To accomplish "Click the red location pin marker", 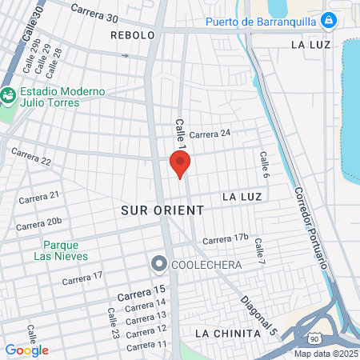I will coord(180,164).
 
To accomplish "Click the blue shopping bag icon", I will coord(328,20).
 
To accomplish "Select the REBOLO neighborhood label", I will coord(132,36).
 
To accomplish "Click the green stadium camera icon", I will coord(8,95).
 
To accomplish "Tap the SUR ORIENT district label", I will coord(162,210).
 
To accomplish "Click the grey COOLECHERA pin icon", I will coord(158,264).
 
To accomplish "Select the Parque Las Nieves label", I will coord(61,250).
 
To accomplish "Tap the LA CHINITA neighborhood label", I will coord(227,333).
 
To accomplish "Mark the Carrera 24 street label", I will coord(210,134).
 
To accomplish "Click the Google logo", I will coord(26,350).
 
